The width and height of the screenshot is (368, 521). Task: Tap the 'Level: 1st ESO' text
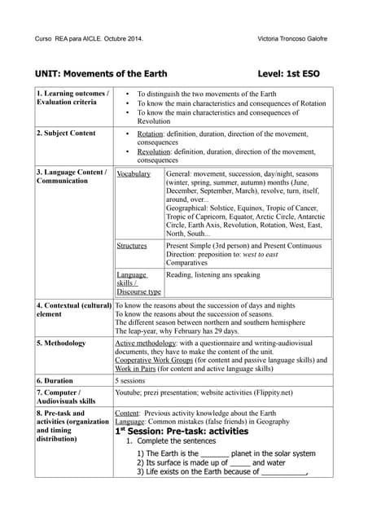(x=288, y=73)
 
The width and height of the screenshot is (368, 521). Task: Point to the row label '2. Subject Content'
(x=66, y=133)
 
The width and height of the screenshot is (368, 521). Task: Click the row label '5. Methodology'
(x=61, y=343)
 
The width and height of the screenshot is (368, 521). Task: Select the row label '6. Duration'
(x=55, y=380)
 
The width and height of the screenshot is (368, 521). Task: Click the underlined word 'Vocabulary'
(x=134, y=174)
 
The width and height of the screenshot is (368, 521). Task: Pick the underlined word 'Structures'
(x=132, y=245)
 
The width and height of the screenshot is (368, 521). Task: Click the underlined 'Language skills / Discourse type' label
(x=138, y=282)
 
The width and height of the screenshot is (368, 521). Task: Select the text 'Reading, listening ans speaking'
(x=212, y=275)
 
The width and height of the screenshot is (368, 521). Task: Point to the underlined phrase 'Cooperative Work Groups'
(x=158, y=360)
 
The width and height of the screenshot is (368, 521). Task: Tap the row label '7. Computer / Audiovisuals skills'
(x=66, y=396)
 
